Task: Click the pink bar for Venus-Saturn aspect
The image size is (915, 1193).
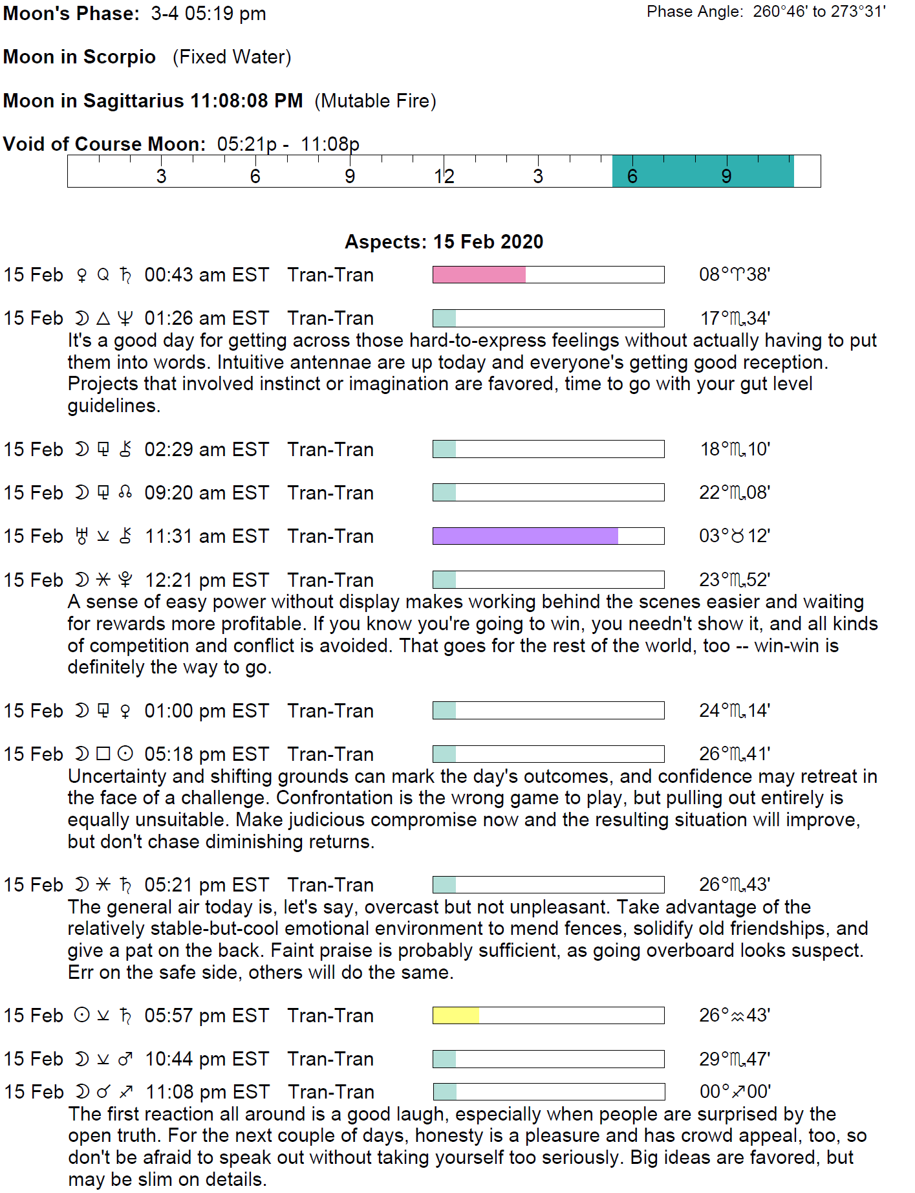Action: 479,275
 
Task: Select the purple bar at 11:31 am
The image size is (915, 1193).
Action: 525,536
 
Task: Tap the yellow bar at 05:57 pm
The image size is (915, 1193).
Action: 456,1016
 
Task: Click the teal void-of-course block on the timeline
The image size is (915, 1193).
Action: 703,171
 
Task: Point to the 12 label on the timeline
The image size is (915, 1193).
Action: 444,176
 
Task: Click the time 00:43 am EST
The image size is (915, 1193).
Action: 206,275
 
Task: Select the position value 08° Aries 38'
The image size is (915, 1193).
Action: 735,275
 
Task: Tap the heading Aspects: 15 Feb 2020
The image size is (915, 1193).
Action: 444,242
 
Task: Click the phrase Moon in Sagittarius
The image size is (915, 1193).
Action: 94,101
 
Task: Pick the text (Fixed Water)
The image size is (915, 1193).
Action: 231,57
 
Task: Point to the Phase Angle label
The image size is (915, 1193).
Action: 694,12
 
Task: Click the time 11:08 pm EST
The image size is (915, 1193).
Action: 207,1092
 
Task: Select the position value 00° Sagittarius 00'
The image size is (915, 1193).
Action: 735,1092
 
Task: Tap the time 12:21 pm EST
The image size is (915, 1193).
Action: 206,580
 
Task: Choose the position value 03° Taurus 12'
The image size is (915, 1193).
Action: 735,536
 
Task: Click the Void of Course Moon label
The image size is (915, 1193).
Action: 104,144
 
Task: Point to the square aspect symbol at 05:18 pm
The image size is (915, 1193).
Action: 103,754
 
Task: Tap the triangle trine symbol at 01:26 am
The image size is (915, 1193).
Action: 103,318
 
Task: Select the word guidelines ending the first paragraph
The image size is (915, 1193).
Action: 113,406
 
